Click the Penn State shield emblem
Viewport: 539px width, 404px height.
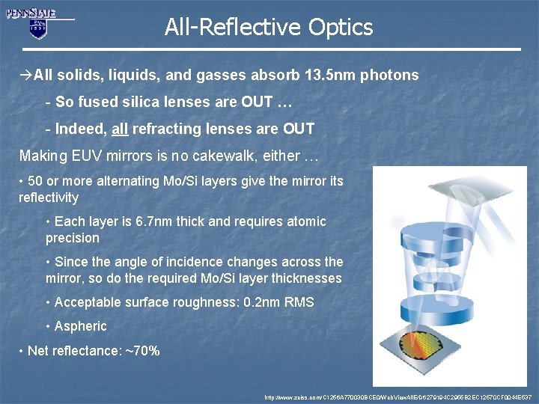[x=37, y=28]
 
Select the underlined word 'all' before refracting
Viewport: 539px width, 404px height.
[x=120, y=129]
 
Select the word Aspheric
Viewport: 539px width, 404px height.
[x=81, y=326]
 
